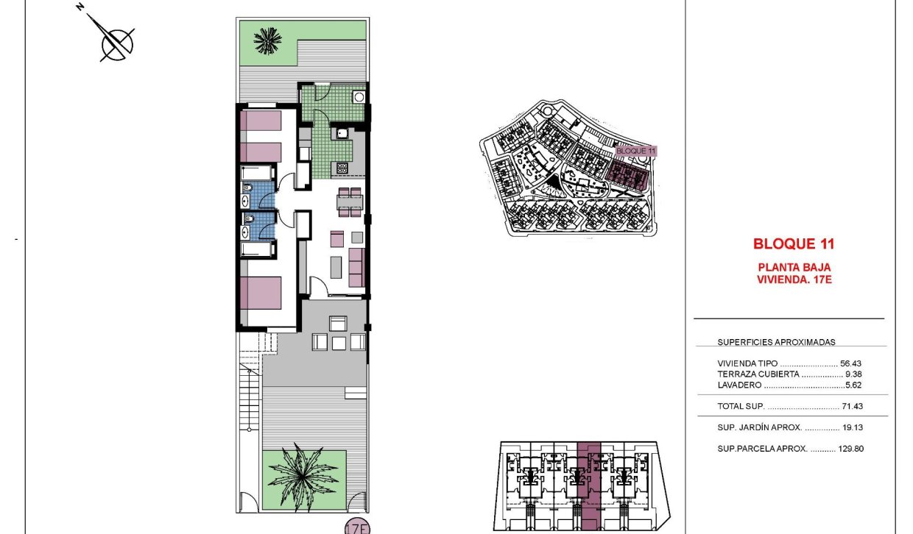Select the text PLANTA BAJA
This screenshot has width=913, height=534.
pos(794,267)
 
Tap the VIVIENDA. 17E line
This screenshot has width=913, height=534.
pos(794,279)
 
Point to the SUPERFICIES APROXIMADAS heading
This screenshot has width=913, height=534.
pos(776,342)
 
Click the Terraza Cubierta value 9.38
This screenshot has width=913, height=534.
pos(854,374)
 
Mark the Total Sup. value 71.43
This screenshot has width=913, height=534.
pos(851,406)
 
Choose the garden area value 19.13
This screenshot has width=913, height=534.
pos(853,427)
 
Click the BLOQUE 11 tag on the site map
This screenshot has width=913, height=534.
pos(635,151)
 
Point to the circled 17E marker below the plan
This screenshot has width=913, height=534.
pos(357,527)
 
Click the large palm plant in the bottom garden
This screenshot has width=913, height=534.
pos(302,474)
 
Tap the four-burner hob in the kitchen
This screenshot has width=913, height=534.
pos(342,168)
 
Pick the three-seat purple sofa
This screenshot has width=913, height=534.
pos(356,267)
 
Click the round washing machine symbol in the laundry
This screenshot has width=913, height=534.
pos(359,96)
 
